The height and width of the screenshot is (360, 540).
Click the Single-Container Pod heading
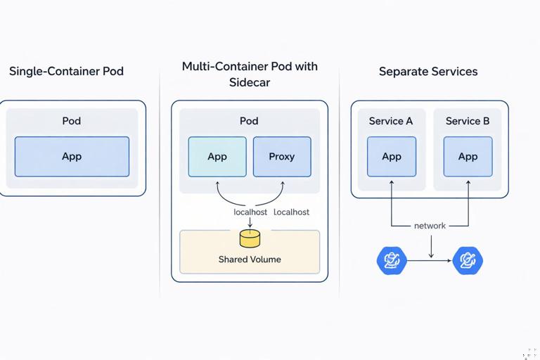click(x=66, y=72)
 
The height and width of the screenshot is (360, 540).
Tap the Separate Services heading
click(x=428, y=72)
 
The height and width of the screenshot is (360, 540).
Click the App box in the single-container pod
click(x=72, y=156)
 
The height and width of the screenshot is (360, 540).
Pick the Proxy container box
click(x=282, y=156)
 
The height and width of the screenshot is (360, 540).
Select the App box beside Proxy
click(x=217, y=156)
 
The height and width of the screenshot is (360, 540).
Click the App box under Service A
click(x=392, y=156)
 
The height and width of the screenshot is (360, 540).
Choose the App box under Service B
click(x=468, y=156)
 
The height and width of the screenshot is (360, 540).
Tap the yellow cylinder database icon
click(x=250, y=238)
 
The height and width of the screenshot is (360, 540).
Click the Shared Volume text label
click(x=250, y=259)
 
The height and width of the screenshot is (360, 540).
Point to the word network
click(x=430, y=226)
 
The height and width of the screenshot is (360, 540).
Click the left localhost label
click(x=250, y=212)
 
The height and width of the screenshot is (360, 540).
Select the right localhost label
click(x=291, y=212)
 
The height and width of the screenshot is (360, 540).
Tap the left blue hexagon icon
click(x=392, y=261)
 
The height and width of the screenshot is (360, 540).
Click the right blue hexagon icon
click(x=468, y=261)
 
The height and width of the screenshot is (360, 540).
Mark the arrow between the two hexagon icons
click(x=430, y=261)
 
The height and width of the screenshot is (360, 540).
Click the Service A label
click(x=391, y=121)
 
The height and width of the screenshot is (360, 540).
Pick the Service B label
click(x=468, y=121)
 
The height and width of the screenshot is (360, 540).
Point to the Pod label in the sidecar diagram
click(x=249, y=121)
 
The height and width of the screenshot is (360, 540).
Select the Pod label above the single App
click(x=72, y=121)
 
